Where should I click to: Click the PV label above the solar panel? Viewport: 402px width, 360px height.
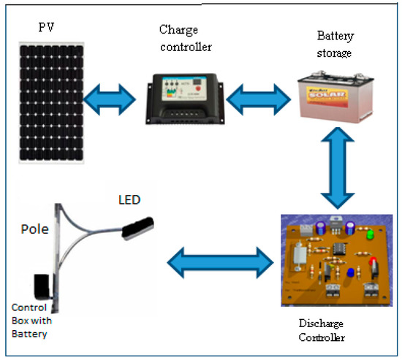[48, 28]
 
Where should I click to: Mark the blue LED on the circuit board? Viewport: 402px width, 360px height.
[350, 272]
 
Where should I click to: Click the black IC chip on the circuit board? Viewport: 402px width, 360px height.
[339, 248]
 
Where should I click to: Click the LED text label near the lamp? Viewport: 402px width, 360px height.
[130, 199]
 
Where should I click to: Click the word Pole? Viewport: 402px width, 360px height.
[34, 228]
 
